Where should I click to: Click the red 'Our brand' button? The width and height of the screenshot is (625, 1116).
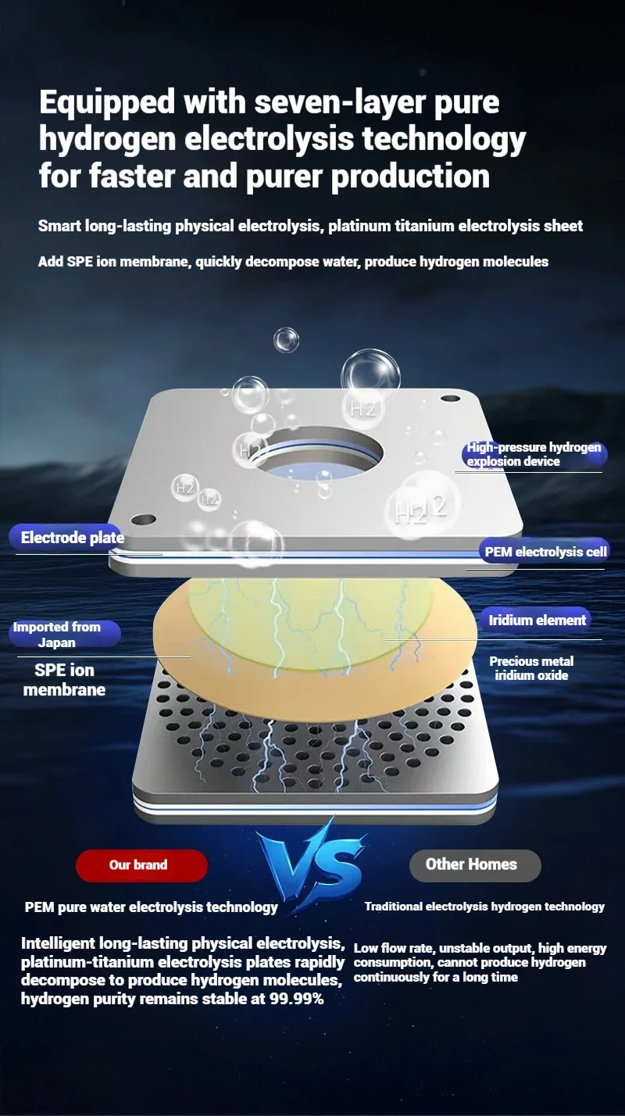(x=141, y=865)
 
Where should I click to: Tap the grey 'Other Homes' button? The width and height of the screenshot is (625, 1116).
(x=475, y=865)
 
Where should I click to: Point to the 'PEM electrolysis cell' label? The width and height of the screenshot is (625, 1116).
(x=545, y=552)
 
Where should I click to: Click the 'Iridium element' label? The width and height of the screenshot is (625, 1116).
(x=536, y=621)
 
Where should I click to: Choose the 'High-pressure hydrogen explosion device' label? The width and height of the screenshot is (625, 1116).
(x=532, y=454)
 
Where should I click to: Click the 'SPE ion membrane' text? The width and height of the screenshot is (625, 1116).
(x=64, y=680)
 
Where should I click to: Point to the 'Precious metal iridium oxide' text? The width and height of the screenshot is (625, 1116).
(x=531, y=669)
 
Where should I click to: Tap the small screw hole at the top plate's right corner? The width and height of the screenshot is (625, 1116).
(x=450, y=399)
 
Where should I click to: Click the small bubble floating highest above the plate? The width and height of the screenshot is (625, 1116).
(x=287, y=340)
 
